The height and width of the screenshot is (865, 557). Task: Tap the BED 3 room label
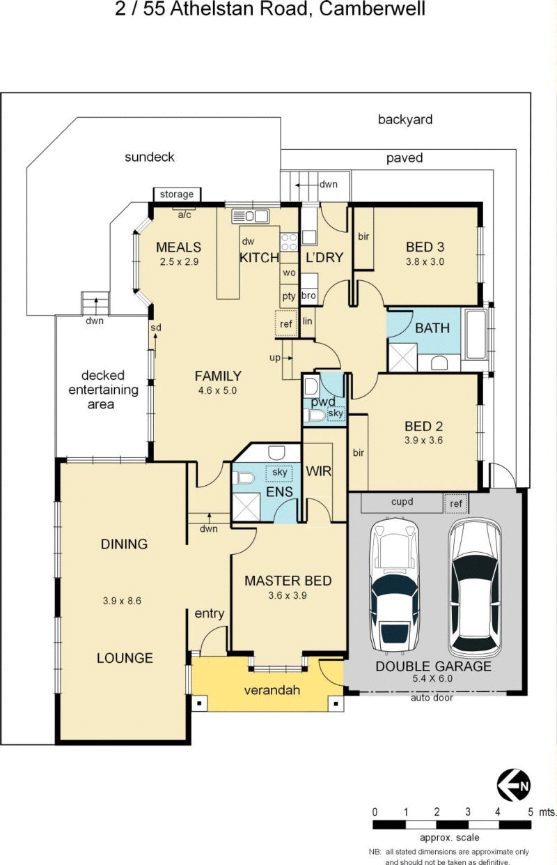[425, 247]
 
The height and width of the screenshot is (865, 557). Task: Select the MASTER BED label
[288, 581]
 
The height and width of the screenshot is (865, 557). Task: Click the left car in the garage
[394, 585]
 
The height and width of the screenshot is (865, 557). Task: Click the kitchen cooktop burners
[289, 242]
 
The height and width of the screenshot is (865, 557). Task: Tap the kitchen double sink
[250, 216]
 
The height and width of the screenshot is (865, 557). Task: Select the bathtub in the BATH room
[476, 334]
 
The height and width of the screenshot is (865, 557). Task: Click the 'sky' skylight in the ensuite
[279, 473]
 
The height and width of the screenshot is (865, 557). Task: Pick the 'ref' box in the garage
[456, 503]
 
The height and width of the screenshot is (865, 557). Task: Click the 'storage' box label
[177, 194]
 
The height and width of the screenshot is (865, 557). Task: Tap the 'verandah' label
[272, 689]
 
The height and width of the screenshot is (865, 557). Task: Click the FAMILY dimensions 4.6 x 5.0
[217, 390]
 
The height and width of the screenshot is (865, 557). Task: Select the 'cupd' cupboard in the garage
[402, 503]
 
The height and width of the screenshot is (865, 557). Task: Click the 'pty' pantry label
[289, 296]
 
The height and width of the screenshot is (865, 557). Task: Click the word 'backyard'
[405, 120]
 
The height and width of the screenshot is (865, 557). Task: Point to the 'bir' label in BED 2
[359, 452]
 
